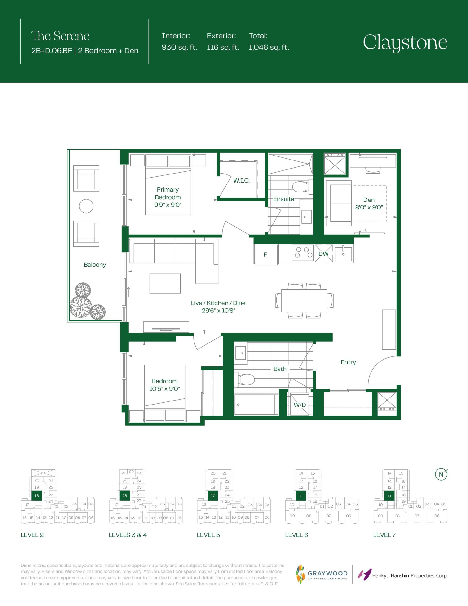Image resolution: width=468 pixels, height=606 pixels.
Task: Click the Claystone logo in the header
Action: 405,43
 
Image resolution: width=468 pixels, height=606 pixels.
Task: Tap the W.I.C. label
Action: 241,181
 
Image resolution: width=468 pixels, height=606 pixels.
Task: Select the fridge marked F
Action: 266,254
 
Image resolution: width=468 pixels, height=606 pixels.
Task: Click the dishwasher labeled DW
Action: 323,253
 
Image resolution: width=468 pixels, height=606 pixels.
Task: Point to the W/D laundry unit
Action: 300,405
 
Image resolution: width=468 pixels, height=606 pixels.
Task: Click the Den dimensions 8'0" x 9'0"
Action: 369,207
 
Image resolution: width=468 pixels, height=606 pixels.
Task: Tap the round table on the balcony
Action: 86,206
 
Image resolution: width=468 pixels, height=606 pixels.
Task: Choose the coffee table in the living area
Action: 165,284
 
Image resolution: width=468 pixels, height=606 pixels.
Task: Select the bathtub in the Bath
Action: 256,405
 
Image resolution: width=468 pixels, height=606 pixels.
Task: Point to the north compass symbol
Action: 441,474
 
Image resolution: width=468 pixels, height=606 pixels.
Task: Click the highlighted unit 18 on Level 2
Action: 37,495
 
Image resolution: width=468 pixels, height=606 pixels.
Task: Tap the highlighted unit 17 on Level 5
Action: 213,495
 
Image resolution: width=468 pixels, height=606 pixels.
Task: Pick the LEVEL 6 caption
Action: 296,535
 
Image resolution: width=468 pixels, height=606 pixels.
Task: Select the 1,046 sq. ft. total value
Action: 269,47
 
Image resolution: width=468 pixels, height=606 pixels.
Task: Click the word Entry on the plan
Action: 348,362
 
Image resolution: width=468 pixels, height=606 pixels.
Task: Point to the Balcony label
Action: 95,265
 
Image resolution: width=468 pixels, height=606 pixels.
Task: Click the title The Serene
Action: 61,36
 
